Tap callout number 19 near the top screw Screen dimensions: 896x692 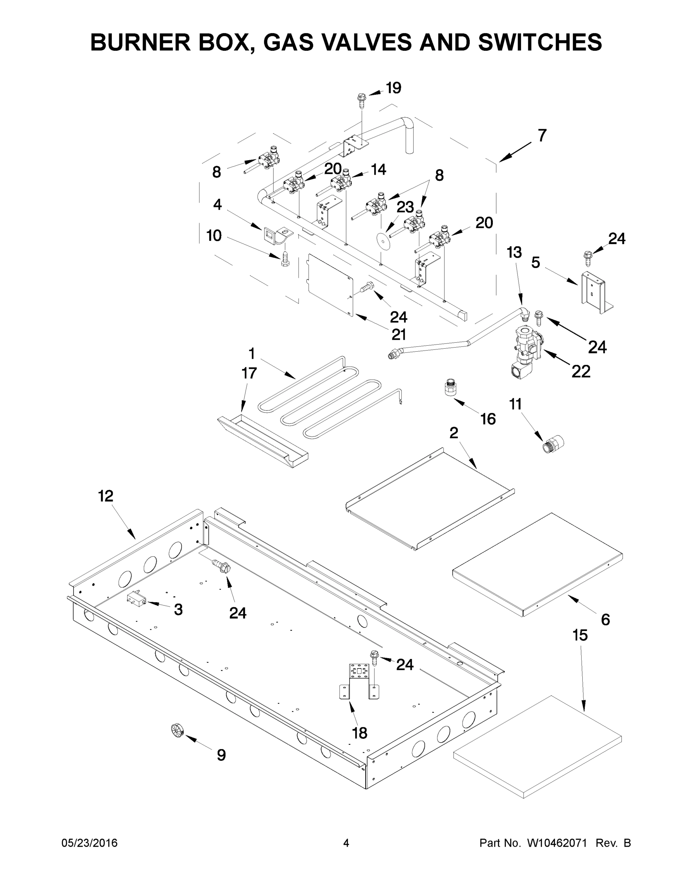pos(394,88)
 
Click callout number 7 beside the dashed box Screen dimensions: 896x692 pos(542,136)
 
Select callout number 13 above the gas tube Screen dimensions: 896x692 pos(514,252)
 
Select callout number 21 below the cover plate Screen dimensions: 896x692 pos(398,335)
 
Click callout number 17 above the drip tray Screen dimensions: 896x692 pos(249,373)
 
